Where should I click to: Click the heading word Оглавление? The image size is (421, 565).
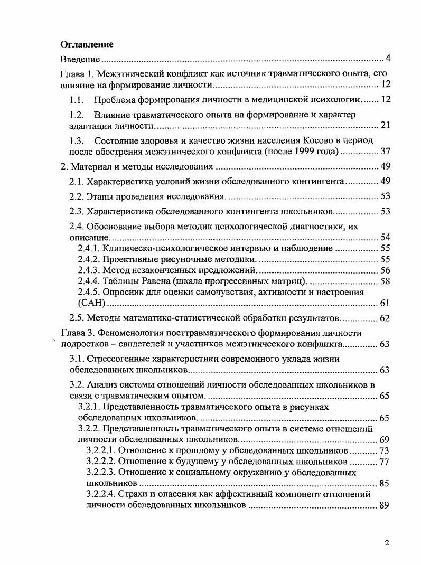pyautogui.click(x=87, y=44)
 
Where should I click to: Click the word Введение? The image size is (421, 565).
pyautogui.click(x=79, y=58)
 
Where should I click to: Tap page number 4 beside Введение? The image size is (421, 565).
pyautogui.click(x=388, y=58)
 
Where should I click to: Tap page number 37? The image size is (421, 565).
pyautogui.click(x=385, y=152)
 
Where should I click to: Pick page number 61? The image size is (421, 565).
pyautogui.click(x=385, y=303)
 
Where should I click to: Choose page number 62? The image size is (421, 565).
pyautogui.click(x=385, y=318)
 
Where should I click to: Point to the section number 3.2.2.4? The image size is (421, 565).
pyautogui.click(x=100, y=495)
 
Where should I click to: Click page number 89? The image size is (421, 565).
pyautogui.click(x=385, y=506)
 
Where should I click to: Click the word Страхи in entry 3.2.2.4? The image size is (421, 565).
pyautogui.click(x=133, y=495)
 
